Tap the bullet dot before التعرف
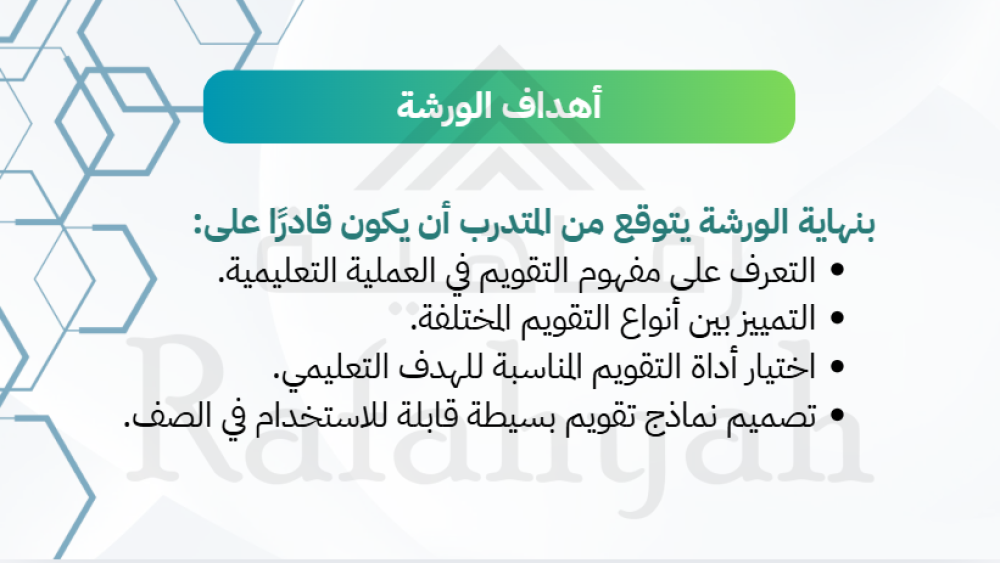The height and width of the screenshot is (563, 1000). click(838, 270)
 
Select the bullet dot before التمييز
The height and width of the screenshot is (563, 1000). click(838, 318)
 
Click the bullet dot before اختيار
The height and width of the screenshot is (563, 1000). click(838, 367)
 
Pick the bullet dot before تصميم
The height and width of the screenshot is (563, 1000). click(838, 415)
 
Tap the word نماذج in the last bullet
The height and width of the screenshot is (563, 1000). click(680, 416)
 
